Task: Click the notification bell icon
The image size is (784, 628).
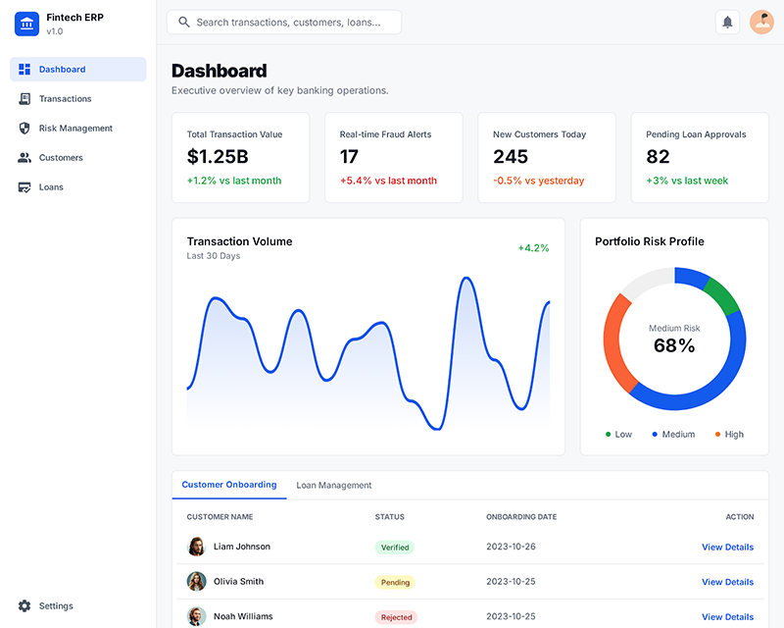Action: (727, 22)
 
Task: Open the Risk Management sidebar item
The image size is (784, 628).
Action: (75, 129)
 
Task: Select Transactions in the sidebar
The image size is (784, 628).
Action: (65, 99)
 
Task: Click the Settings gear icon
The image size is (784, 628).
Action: (24, 606)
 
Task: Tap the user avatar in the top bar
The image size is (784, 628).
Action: (761, 22)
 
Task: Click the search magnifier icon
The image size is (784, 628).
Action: (184, 22)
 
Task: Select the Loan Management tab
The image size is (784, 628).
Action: (334, 485)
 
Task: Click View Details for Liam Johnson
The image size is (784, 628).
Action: (727, 548)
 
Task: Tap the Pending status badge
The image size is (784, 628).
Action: (395, 583)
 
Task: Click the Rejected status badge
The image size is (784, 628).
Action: (396, 617)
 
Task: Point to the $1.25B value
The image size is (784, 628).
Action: (218, 157)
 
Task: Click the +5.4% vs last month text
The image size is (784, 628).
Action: (388, 181)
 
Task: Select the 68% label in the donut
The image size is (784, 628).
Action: (674, 345)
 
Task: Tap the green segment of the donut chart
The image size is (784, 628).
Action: (722, 294)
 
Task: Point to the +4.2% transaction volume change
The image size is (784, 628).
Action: (533, 248)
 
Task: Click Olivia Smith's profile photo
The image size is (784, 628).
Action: (197, 582)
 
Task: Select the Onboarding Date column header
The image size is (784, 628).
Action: (521, 516)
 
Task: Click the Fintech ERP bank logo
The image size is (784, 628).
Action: (26, 24)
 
